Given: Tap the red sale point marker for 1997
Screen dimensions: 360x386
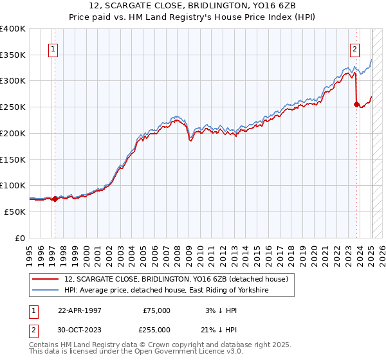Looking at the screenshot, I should pyautogui.click(x=55, y=199).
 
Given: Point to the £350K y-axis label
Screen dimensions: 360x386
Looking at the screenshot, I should pyautogui.click(x=12, y=55).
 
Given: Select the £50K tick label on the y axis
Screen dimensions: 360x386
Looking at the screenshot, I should pyautogui.click(x=15, y=212).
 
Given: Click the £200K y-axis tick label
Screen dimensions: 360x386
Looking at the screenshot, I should pyautogui.click(x=12, y=133).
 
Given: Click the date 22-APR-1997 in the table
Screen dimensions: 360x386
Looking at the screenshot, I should pyautogui.click(x=80, y=310).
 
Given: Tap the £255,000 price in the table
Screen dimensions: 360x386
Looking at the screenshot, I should pyautogui.click(x=156, y=330).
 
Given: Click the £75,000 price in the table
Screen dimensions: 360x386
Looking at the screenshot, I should pyautogui.click(x=156, y=310).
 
